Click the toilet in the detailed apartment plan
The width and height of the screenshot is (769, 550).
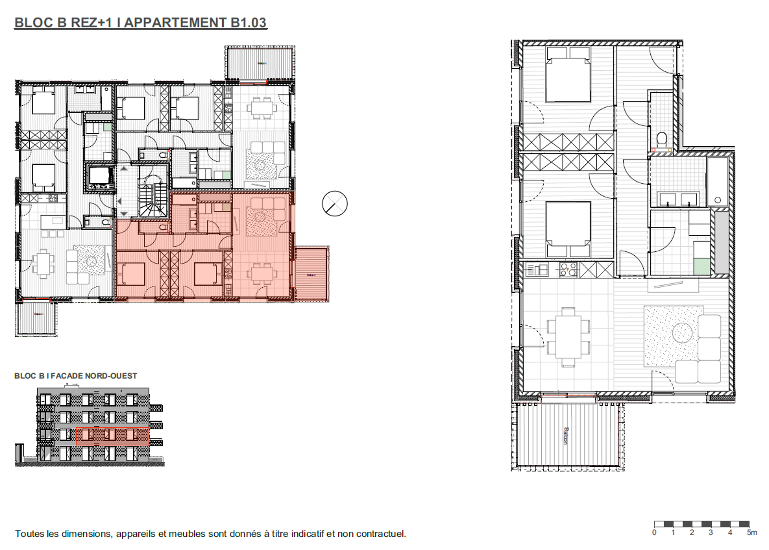661,137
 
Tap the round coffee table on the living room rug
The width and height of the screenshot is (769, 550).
682,333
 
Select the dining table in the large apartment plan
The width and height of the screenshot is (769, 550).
568,337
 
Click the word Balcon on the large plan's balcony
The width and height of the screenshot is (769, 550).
566,436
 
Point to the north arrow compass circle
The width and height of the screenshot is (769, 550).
334,204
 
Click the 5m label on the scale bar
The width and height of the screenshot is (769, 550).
752,533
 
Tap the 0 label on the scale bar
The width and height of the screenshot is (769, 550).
654,533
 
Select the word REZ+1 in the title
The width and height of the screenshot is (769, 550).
92,23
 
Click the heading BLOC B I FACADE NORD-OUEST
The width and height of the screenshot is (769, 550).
76,376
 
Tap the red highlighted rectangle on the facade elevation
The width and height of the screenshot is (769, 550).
112,436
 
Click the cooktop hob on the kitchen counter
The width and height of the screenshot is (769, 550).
569,270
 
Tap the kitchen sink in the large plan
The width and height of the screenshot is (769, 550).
536,270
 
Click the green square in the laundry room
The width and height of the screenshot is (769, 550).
701,266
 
